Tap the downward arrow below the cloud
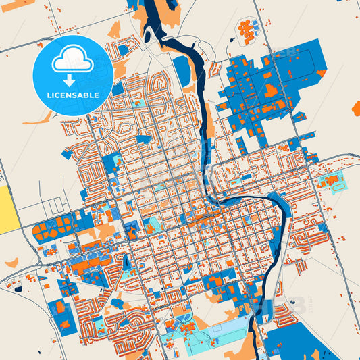72,80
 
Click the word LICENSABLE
72,95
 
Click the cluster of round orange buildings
247,29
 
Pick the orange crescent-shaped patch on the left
11,261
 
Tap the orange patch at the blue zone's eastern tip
321,72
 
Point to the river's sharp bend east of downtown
276,199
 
